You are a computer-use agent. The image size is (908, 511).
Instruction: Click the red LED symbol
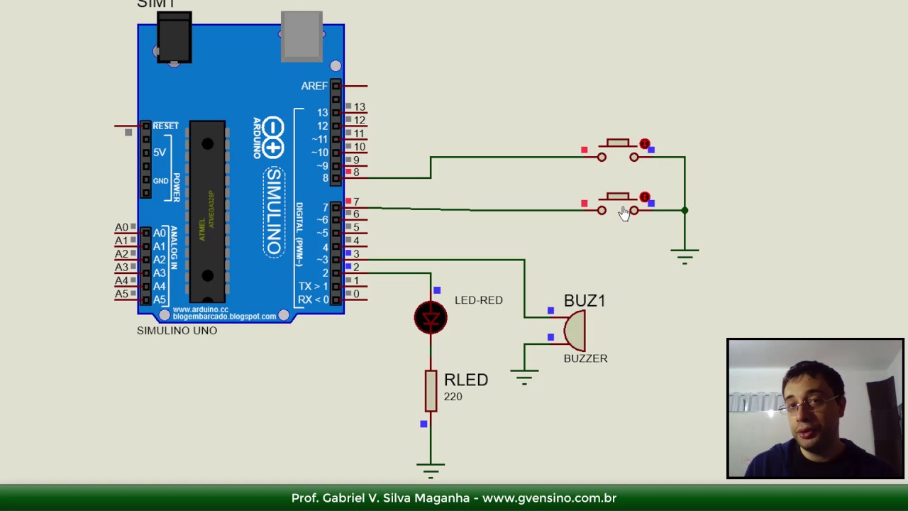(431, 317)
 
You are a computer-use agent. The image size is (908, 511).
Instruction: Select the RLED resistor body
(431, 390)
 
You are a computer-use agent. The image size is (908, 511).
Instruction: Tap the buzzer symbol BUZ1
(575, 330)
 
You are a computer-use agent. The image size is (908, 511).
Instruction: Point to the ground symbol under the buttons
(685, 255)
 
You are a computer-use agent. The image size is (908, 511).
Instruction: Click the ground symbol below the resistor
(431, 469)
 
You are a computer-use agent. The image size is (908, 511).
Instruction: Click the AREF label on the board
(314, 86)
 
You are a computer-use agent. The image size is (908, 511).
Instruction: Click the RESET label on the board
(165, 126)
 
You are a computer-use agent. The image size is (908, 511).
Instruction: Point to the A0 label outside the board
(121, 227)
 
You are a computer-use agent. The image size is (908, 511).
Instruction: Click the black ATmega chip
(207, 211)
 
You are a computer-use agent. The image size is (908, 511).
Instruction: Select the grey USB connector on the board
(301, 35)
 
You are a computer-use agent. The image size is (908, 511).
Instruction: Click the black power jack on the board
(174, 38)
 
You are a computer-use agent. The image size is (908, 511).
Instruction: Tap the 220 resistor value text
(453, 397)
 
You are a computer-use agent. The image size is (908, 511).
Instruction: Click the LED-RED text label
(478, 300)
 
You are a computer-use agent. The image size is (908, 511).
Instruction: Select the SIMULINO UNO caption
(177, 331)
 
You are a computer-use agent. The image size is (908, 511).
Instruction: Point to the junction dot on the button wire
(685, 210)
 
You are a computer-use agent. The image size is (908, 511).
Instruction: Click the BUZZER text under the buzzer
(585, 358)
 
